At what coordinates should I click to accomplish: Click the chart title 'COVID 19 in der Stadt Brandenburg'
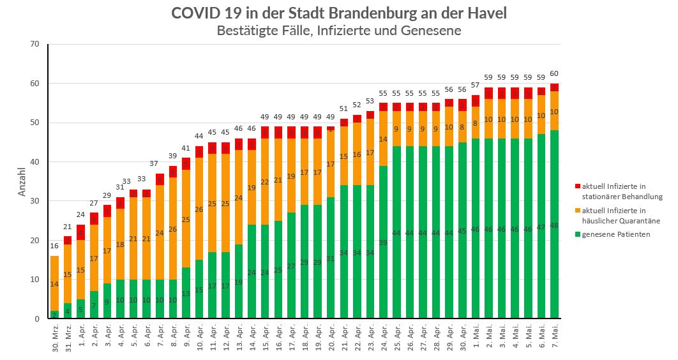pyautogui.click(x=338, y=13)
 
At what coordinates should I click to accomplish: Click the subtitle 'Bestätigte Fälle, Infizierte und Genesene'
pyautogui.click(x=338, y=30)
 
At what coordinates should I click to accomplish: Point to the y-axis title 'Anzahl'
pyautogui.click(x=22, y=181)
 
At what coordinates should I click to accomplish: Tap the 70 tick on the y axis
pyautogui.click(x=34, y=44)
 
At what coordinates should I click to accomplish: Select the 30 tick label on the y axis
pyautogui.click(x=34, y=201)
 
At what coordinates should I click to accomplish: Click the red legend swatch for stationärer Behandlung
pyautogui.click(x=578, y=186)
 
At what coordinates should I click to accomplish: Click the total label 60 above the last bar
pyautogui.click(x=555, y=73)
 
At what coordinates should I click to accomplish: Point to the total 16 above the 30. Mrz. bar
pyautogui.click(x=54, y=246)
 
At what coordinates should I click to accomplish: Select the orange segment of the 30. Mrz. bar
pyautogui.click(x=54, y=283)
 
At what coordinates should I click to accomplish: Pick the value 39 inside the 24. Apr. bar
pyautogui.click(x=384, y=243)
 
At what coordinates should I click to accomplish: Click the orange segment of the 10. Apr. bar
pyautogui.click(x=199, y=209)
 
